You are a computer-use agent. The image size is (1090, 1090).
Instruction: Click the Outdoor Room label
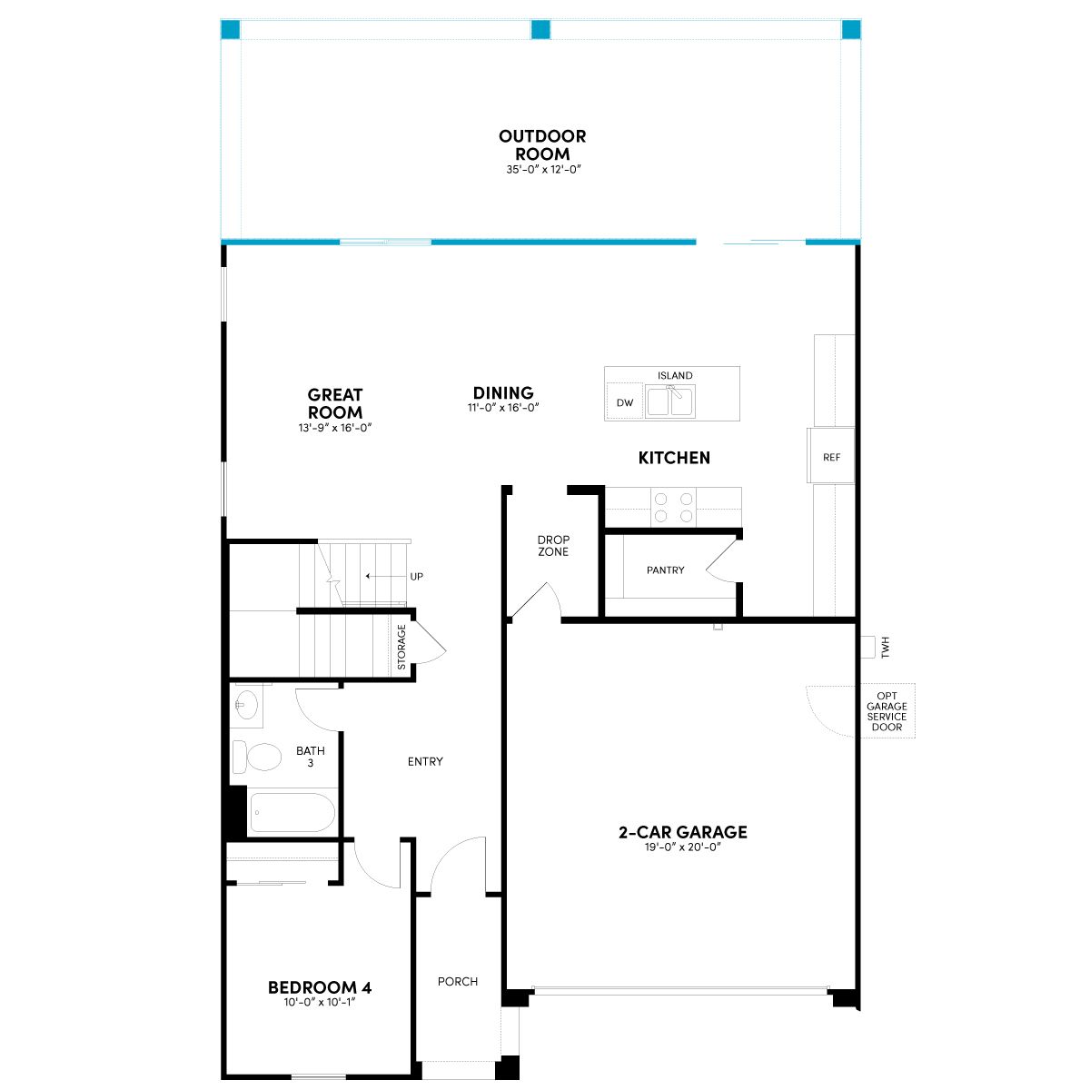542,144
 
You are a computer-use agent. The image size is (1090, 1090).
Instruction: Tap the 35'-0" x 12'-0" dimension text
543,169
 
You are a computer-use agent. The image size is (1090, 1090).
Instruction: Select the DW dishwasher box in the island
624,401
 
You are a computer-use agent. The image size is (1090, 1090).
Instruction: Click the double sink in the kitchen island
671,401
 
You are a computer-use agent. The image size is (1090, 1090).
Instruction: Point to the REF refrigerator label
831,457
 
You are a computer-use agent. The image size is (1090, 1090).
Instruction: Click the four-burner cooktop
673,507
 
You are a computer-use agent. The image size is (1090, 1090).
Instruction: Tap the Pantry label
665,570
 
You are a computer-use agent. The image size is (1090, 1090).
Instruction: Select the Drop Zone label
553,546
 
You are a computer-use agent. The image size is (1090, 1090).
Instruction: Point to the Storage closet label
401,647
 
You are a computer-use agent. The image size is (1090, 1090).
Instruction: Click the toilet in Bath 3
257,757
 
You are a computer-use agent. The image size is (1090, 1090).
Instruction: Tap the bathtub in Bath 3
292,812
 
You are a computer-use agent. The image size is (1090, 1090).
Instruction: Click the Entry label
425,762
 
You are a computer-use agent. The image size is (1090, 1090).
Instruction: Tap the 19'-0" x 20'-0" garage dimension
683,847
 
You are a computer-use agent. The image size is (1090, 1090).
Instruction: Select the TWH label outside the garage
886,647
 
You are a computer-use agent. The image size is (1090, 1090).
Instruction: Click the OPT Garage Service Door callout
887,711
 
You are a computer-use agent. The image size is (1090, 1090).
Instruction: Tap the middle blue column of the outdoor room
540,29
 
